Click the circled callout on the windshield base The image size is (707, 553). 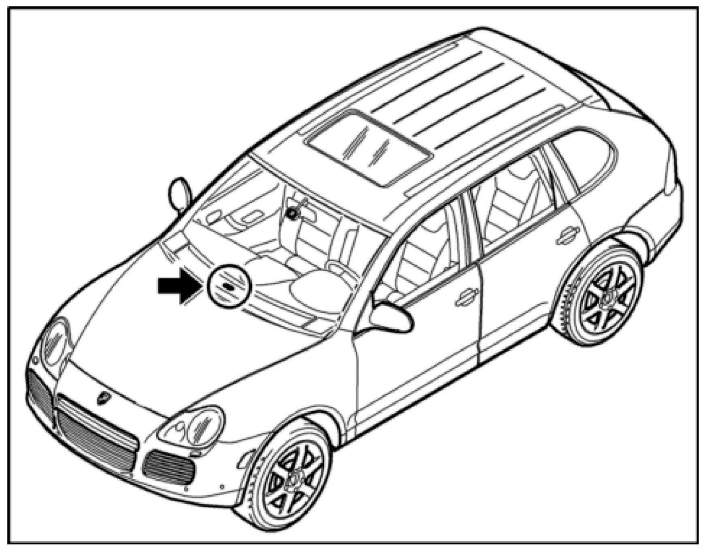click(x=227, y=286)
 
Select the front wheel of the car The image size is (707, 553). click(x=290, y=474)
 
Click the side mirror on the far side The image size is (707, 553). click(x=180, y=193)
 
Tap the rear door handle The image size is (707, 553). click(x=567, y=233)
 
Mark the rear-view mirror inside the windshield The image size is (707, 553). click(x=294, y=213)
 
